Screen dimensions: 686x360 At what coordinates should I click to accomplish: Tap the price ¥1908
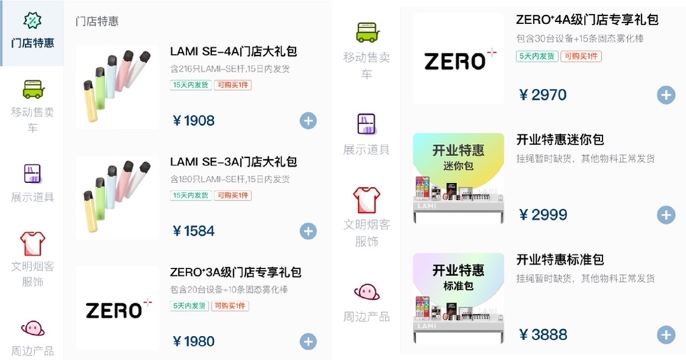coord(194,121)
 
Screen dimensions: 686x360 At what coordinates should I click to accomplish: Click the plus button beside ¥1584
coord(308,231)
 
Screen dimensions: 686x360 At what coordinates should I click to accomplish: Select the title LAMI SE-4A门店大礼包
coord(233,52)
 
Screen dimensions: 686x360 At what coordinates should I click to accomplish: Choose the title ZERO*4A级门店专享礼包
coord(587,20)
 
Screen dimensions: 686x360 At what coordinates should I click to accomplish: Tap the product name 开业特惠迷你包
coord(560,140)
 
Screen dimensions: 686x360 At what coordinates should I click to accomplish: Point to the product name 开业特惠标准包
coord(560,260)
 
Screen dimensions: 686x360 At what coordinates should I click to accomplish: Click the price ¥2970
coord(543,95)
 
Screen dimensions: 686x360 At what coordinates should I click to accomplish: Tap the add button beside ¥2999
coord(666,215)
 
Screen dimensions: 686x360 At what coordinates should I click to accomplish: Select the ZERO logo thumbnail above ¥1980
coord(118,309)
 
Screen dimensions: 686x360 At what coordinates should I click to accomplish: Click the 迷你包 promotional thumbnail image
coord(458,178)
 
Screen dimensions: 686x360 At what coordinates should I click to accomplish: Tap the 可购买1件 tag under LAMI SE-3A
coord(232,195)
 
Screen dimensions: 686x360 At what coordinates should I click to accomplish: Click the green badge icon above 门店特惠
coord(32,20)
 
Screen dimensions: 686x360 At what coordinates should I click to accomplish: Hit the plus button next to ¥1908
coord(308,121)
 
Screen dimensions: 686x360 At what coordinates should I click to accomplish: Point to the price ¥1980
coord(194,342)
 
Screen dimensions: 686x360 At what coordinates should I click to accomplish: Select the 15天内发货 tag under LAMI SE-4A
coord(189,85)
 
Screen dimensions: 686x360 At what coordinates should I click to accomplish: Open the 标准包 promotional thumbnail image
coord(458,299)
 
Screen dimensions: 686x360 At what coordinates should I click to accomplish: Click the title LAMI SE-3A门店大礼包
coord(233,162)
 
